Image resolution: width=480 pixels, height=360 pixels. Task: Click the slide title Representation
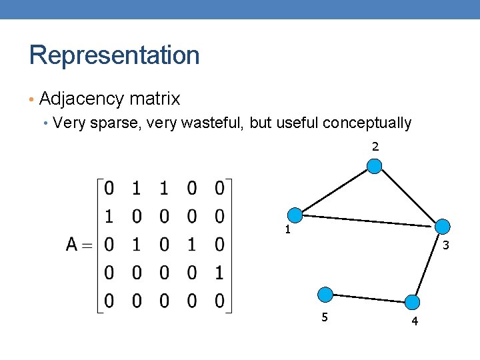click(114, 55)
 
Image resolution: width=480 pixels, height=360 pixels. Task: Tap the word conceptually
click(367, 123)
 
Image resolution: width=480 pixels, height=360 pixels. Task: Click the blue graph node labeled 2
click(375, 166)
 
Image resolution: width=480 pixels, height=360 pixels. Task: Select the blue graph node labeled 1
click(295, 215)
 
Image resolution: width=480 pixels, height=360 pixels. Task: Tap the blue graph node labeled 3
click(442, 227)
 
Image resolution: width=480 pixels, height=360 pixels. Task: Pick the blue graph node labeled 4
click(414, 302)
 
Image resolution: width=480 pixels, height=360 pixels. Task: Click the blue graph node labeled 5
click(325, 294)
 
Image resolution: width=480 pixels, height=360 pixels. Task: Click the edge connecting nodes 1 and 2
click(335, 191)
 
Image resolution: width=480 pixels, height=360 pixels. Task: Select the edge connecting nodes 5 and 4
click(370, 298)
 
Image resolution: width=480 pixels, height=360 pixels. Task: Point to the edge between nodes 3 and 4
click(428, 265)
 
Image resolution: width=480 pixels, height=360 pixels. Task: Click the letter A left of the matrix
click(73, 245)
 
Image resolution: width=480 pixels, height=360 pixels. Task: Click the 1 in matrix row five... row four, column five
click(219, 273)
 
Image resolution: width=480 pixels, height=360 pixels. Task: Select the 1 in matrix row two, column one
click(109, 217)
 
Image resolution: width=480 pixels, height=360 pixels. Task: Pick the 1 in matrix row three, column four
click(192, 245)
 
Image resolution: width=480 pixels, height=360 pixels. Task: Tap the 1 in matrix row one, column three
click(164, 189)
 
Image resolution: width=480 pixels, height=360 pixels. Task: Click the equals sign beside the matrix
click(90, 245)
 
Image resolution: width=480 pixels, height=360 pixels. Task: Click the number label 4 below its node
click(415, 322)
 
